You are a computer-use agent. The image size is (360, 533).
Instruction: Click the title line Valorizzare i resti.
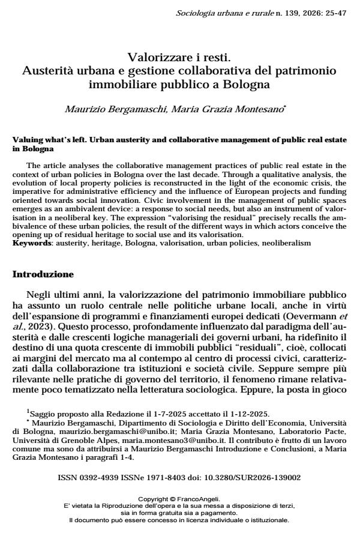tap(179, 58)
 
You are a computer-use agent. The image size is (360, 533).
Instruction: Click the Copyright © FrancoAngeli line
tap(179, 499)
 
